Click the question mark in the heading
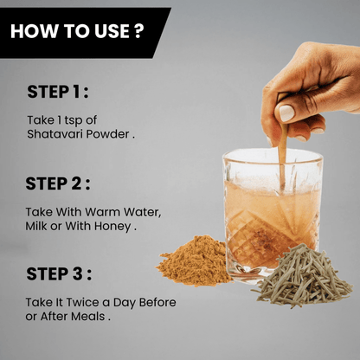138,31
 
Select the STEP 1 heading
58,92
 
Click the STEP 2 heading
58,183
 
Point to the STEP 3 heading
59,273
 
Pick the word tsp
74,121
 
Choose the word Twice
83,303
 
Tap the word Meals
88,317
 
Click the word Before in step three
157,303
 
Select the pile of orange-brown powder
194,261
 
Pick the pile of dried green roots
302,276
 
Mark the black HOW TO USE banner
84,33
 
